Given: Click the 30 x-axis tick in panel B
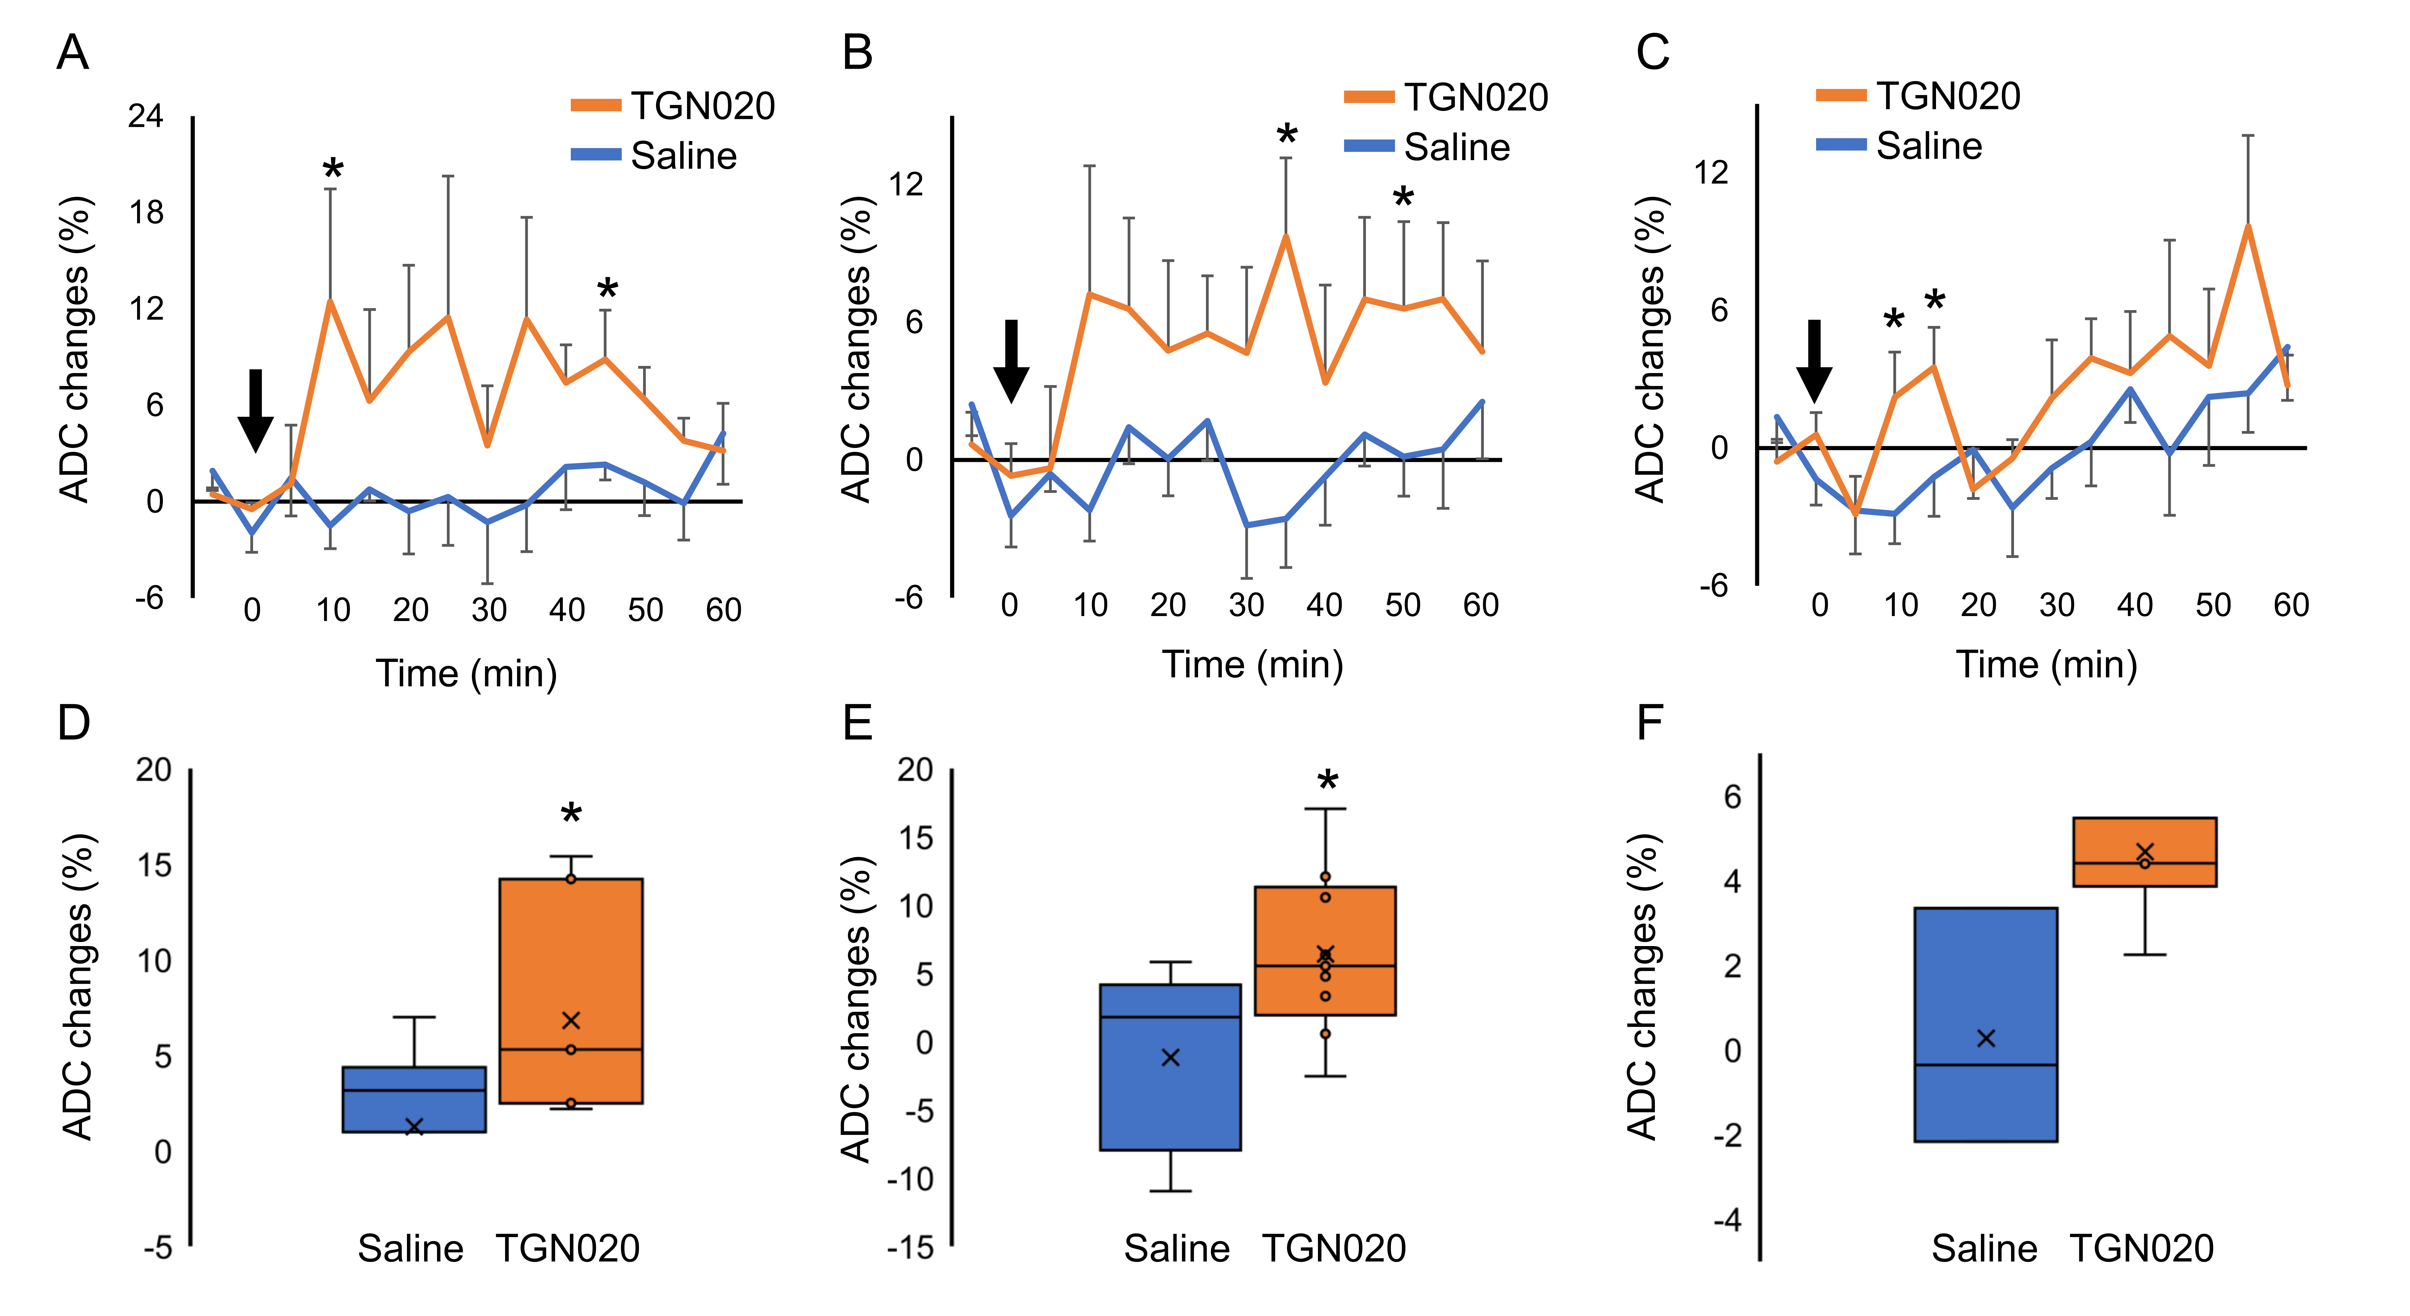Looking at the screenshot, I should coord(1246,605).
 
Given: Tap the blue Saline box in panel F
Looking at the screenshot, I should coord(1985,1024).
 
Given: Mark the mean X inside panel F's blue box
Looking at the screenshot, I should coord(1985,1038).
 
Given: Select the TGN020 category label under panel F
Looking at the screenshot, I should coord(2141,1249).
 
